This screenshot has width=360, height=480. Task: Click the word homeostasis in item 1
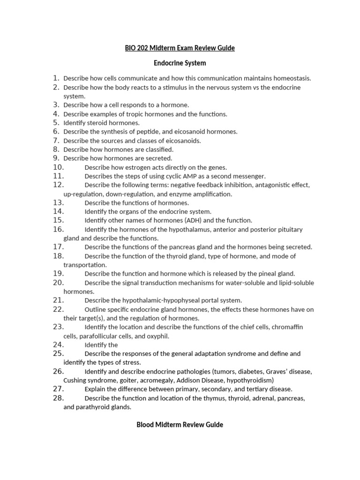coord(291,78)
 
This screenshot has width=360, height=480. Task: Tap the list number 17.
coord(58,247)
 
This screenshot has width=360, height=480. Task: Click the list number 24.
coord(58,345)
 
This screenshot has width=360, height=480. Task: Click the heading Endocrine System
coord(180,63)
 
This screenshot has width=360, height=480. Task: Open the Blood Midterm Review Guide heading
coord(180,425)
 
